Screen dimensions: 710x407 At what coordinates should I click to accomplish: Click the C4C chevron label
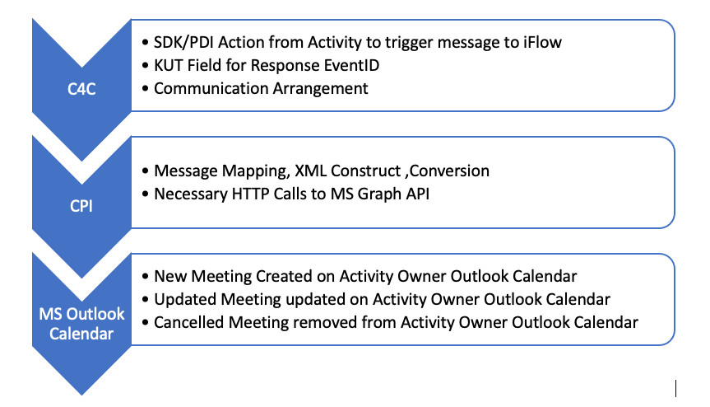tap(81, 89)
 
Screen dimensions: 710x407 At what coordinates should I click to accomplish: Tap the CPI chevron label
tap(81, 206)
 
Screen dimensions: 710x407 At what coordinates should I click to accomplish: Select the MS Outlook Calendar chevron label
tap(81, 324)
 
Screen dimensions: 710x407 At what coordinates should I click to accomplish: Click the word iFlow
tap(542, 42)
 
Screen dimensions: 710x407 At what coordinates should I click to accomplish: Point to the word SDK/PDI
tap(183, 42)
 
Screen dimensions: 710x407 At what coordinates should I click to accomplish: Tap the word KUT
tap(169, 65)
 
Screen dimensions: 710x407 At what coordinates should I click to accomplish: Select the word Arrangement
tap(320, 88)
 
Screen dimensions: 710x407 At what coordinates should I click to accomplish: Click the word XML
tap(310, 171)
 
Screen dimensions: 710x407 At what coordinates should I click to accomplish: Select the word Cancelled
tap(189, 322)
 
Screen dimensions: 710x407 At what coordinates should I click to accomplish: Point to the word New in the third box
tap(170, 276)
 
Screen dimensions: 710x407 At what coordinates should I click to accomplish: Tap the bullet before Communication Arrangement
tap(145, 88)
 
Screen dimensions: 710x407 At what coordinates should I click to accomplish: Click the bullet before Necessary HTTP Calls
tap(145, 194)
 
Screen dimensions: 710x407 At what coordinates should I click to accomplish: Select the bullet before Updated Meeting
tap(145, 300)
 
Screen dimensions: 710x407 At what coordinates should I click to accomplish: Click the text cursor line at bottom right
tap(675, 388)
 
